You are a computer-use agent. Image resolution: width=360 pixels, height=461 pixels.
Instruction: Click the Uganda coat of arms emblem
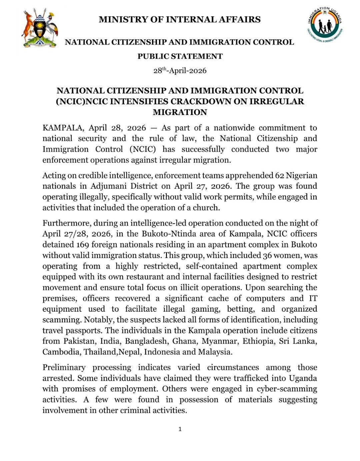point(40,29)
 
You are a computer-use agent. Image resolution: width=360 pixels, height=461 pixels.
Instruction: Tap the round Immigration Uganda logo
point(325,26)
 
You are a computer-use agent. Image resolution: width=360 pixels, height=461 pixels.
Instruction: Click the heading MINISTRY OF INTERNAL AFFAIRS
point(180,20)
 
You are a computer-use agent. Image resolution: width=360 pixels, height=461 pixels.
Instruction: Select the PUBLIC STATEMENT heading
point(180,56)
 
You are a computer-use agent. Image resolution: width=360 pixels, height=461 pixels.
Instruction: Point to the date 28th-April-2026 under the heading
point(180,71)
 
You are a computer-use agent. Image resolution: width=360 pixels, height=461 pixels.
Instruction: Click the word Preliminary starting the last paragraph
point(64,368)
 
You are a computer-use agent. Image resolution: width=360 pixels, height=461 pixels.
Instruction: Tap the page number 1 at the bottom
point(180,429)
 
